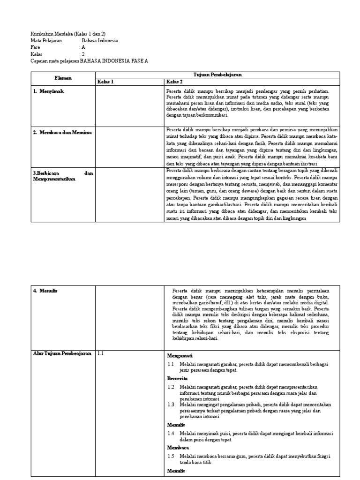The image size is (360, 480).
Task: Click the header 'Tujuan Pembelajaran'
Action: [x=215, y=75]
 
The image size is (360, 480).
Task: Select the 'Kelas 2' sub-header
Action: [x=175, y=82]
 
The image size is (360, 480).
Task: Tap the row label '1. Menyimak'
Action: [x=48, y=91]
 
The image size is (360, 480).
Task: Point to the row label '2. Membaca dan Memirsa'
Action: [x=63, y=133]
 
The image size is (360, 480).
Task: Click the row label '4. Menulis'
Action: [x=45, y=291]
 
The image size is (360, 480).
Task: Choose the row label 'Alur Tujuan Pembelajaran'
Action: [x=62, y=354]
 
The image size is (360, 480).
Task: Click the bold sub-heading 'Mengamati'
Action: [x=180, y=356]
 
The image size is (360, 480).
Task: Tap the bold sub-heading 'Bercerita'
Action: [x=178, y=378]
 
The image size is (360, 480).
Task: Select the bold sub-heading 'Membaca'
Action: [x=178, y=448]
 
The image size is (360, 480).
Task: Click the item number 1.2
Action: [x=171, y=387]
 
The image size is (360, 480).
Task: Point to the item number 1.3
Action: [x=171, y=405]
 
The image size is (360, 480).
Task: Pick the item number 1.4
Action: [x=171, y=434]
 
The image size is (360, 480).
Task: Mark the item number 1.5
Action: [x=171, y=456]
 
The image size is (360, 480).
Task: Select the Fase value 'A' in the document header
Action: [x=83, y=47]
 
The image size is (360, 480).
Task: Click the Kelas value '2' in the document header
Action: [x=83, y=54]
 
